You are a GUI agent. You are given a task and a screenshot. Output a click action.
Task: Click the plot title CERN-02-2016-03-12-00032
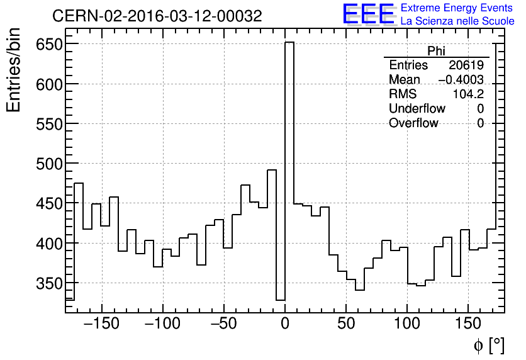157,16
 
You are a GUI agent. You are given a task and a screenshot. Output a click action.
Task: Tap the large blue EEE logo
369,14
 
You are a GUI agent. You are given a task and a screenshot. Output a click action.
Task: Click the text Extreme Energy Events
456,8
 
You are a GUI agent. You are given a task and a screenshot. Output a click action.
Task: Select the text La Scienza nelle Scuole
457,21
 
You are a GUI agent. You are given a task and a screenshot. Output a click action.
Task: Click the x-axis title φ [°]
488,345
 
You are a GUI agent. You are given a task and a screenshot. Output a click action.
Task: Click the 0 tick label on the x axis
285,325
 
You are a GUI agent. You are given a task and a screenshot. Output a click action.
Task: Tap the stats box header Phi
436,51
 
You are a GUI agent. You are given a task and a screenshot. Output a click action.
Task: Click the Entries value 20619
466,65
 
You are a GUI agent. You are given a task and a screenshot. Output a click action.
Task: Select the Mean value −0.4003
461,80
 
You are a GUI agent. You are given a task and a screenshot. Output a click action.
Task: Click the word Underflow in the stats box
417,109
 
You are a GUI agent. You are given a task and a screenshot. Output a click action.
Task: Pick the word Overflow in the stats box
413,123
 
